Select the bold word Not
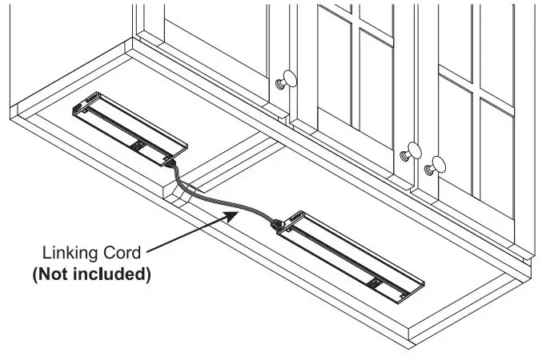point(52,274)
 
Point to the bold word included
point(109,274)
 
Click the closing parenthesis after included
point(148,274)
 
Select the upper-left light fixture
point(130,129)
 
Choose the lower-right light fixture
point(351,257)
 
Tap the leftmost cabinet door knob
point(287,80)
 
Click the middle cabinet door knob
point(412,152)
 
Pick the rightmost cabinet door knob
point(436,166)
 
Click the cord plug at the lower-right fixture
point(278,225)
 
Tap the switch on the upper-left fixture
point(139,146)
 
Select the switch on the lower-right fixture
point(375,282)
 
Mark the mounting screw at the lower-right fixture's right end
point(403,296)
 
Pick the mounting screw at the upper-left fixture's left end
point(85,111)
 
